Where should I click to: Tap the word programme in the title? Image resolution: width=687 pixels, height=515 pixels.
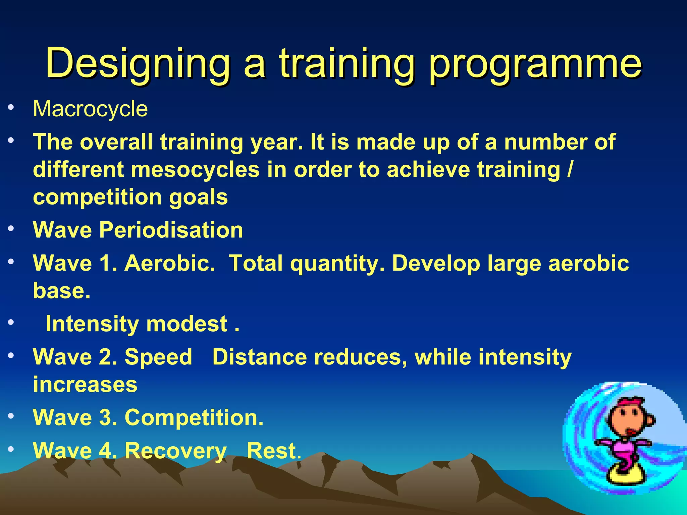535,64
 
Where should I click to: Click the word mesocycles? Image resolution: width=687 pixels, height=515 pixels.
195,169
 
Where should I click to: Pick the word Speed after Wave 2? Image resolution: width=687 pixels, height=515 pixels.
158,357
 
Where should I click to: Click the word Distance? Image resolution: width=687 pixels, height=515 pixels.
259,357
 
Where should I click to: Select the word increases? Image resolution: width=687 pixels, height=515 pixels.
85,384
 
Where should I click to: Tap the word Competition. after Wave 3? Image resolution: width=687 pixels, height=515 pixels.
194,418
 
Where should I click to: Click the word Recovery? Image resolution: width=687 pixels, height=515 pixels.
176,451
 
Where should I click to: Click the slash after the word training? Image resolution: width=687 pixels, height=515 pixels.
570,169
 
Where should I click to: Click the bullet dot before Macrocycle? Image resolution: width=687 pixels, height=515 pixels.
11,107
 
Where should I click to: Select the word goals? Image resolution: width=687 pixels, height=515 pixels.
198,197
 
